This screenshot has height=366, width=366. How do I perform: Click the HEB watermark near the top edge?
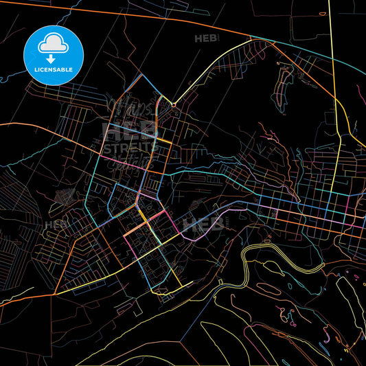coord(204,38)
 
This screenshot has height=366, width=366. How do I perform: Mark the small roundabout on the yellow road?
coord(174,104)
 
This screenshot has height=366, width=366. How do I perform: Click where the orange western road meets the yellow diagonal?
coord(54,295)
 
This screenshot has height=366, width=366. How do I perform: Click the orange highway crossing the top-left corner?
coord(41,6)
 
